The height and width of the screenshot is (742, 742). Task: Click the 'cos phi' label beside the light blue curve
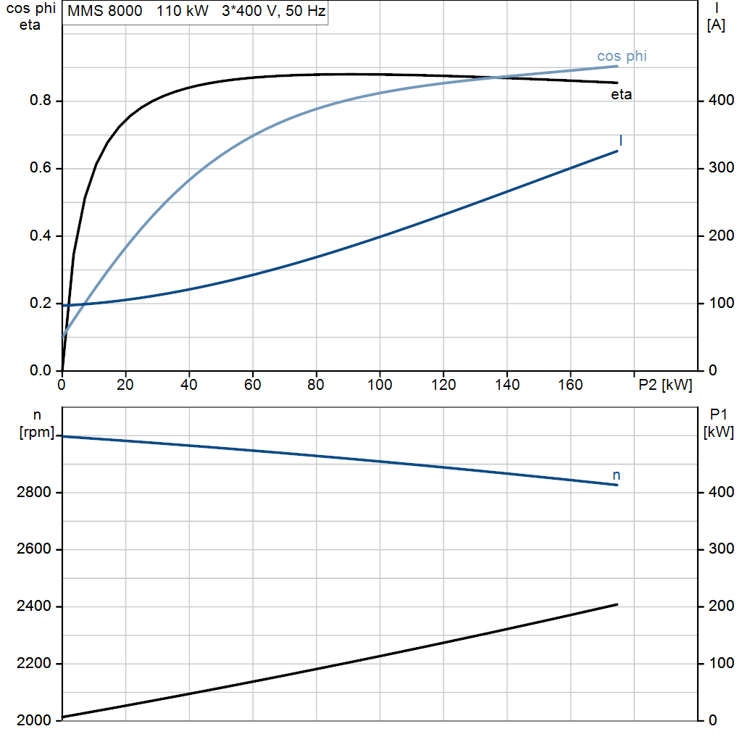[621, 56]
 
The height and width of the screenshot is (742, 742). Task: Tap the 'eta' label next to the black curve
[621, 95]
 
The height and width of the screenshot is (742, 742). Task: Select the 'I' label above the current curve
[621, 141]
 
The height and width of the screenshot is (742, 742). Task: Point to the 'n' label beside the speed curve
[616, 475]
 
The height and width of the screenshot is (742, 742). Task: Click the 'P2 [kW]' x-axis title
[665, 385]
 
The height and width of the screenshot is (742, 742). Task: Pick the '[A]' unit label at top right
[716, 25]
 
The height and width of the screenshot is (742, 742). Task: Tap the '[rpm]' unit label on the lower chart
[37, 432]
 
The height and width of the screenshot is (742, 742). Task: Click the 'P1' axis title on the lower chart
[718, 414]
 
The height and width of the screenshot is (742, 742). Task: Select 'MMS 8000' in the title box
[104, 11]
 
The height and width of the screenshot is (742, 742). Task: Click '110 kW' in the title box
[182, 11]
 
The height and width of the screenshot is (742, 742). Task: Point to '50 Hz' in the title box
[305, 11]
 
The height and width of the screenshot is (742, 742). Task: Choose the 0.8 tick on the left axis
[41, 100]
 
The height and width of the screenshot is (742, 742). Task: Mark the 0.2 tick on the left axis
[41, 303]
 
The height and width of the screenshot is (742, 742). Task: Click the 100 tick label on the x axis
[380, 384]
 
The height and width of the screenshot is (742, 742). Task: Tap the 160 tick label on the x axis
[570, 384]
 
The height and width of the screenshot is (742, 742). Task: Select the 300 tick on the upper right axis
[721, 167]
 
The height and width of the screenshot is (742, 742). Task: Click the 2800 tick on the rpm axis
[33, 492]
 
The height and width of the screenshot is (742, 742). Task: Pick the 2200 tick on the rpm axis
[33, 663]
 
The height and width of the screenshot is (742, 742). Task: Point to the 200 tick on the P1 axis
[721, 606]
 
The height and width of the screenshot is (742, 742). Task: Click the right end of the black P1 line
[617, 604]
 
